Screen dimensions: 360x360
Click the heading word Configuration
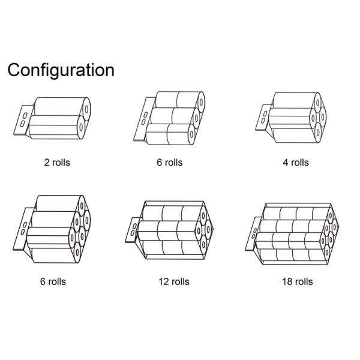point(61,70)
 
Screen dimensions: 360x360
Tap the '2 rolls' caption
point(57,163)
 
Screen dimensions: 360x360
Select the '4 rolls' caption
point(296,163)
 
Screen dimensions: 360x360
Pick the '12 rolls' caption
point(174,281)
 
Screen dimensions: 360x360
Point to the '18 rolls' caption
point(298,281)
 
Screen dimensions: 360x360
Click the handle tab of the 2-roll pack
point(23,120)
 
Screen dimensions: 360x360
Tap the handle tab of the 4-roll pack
point(263,118)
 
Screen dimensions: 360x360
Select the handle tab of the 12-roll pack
point(132,230)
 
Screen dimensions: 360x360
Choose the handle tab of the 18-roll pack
point(253,234)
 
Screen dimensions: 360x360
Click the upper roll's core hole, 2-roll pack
point(86,109)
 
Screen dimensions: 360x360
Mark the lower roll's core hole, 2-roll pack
point(81,127)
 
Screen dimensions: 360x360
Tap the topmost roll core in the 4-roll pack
point(318,103)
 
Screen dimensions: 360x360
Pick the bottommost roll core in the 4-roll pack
point(318,133)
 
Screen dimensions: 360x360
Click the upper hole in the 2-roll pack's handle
point(25,115)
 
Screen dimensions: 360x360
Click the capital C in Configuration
point(14,70)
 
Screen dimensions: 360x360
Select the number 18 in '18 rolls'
point(287,282)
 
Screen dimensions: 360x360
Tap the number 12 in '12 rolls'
point(163,282)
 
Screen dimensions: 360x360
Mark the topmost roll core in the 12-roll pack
point(203,216)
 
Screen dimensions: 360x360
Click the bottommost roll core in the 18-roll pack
point(326,252)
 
